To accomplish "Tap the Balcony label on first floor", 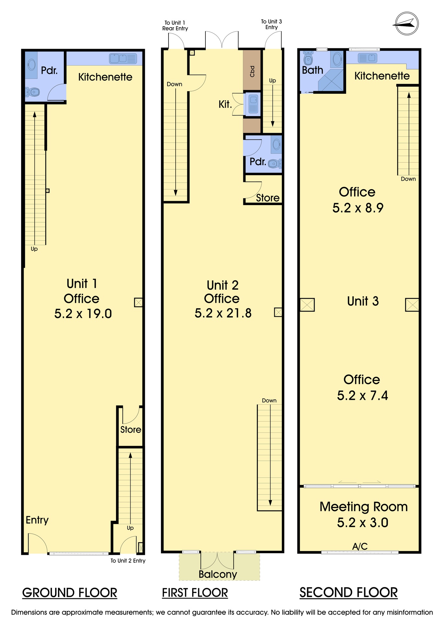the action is point(218,574).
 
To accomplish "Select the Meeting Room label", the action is point(364,507).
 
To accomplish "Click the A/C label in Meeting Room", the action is point(360,546).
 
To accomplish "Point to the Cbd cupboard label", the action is point(252,71).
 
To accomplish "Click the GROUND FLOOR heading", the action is point(70,593).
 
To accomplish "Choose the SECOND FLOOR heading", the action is point(348,592).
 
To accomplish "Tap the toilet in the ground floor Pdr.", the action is point(32,93).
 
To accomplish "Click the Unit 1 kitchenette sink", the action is point(123,59).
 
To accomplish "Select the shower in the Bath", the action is point(330,80).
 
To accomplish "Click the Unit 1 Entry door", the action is point(38,544).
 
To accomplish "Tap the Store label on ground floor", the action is point(131,430).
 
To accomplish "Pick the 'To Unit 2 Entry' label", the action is point(128,561).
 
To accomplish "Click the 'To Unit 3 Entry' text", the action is point(272,24).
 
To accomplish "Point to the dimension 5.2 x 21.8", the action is point(223,313).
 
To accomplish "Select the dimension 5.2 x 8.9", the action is point(358,208).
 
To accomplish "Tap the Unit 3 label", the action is point(363,301).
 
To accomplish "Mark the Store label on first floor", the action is point(268,198).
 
